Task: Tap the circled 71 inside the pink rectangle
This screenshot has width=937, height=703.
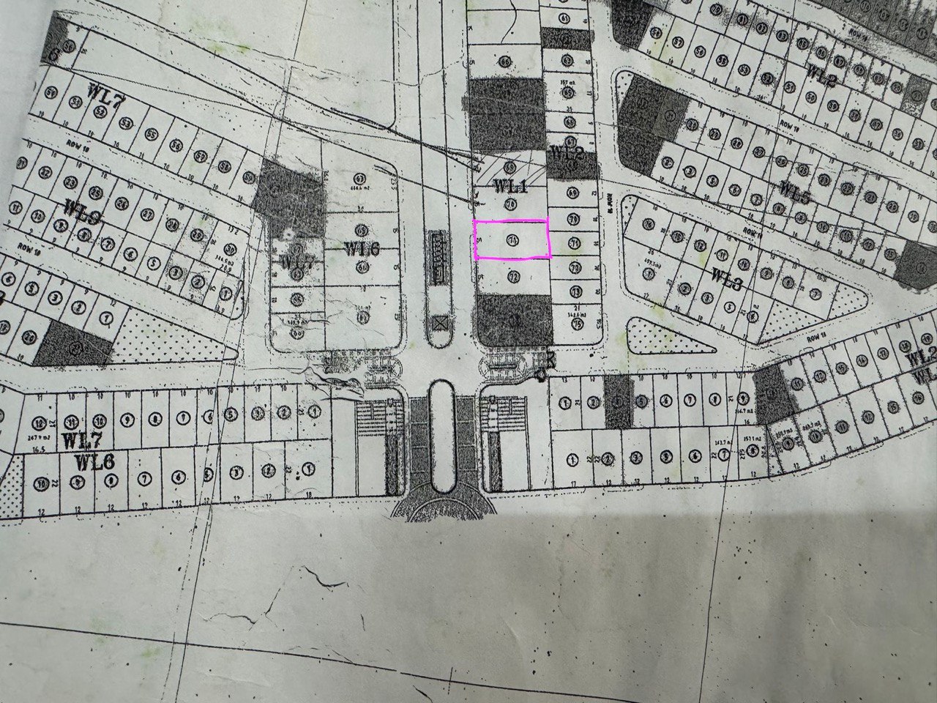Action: coord(512,239)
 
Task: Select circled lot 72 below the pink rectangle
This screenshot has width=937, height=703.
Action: coord(513,277)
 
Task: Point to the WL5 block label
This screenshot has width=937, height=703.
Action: coord(794,193)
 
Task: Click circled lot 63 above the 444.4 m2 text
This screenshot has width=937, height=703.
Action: coord(359,178)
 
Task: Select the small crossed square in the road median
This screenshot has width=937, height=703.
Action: coord(440,322)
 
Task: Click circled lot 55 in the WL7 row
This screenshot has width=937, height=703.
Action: coord(151,134)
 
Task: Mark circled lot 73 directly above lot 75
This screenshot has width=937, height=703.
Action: coord(575,290)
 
